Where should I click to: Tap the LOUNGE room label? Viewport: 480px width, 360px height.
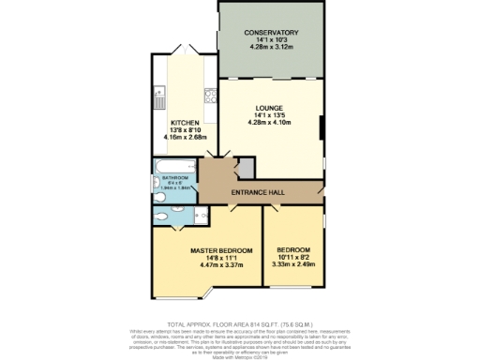[271, 109]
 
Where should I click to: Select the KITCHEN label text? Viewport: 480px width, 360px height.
[184, 123]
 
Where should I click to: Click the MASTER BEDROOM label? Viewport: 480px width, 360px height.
[221, 251]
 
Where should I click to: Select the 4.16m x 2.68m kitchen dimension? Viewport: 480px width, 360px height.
[184, 138]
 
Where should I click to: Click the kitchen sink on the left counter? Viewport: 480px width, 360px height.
[158, 96]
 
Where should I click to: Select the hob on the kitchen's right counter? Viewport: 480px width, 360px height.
[212, 97]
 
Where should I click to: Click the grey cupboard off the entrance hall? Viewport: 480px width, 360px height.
[245, 168]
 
